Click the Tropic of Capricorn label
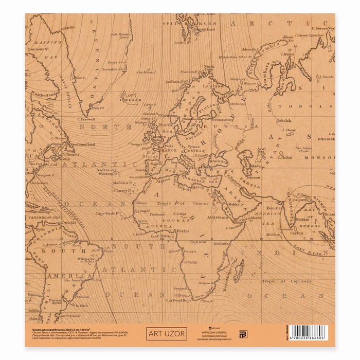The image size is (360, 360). coord(286,281)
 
